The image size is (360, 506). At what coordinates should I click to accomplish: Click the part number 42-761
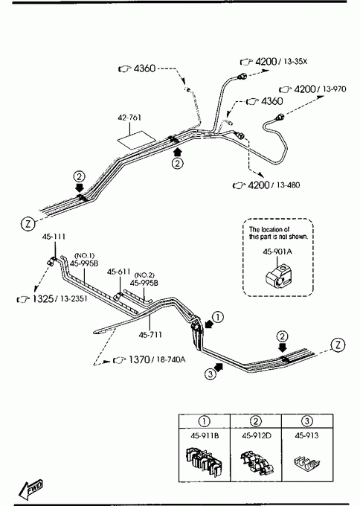[x=129, y=118]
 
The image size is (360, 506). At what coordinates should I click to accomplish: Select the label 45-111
[x=54, y=237]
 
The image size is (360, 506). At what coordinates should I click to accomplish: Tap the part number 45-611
[x=119, y=272]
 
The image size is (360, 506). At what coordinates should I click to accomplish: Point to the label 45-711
[x=150, y=335]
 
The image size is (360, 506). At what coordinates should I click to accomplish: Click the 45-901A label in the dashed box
[x=277, y=252]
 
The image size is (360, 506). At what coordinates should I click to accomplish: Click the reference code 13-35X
[x=295, y=61]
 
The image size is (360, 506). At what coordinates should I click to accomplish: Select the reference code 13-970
[x=334, y=89]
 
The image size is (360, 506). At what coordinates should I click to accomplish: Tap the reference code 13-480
[x=288, y=185]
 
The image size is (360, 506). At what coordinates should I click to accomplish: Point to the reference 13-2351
[x=74, y=299]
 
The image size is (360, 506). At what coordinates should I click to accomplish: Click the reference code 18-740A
[x=170, y=359]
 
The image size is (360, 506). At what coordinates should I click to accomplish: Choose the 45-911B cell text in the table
[x=205, y=435]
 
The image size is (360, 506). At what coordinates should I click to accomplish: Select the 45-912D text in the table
[x=257, y=435]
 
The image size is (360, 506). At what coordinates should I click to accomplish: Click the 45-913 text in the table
[x=306, y=435]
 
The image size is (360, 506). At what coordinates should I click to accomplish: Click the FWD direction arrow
[x=30, y=489]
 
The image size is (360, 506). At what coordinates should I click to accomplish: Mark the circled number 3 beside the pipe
[x=210, y=374]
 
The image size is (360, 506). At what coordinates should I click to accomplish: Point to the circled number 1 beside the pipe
[x=218, y=317]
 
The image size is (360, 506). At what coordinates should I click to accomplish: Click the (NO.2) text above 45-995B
[x=144, y=275]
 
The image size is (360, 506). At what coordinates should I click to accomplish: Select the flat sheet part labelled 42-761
[x=136, y=139]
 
